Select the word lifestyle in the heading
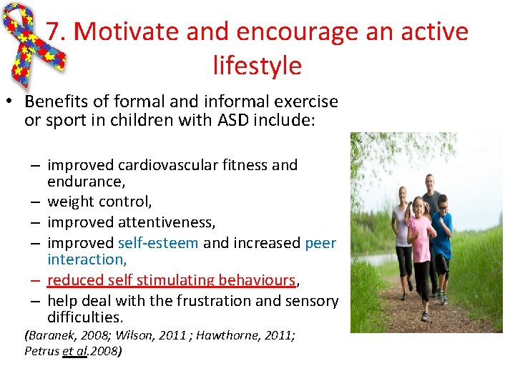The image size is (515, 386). [x=257, y=65]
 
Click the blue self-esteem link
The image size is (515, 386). [x=158, y=243]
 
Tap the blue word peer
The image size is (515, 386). [x=320, y=243]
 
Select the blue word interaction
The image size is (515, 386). [x=87, y=259]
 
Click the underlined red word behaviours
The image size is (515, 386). [x=250, y=280]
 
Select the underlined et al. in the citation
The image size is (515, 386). [x=74, y=351]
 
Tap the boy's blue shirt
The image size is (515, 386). [x=443, y=233]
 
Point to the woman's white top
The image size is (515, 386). [x=402, y=222]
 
